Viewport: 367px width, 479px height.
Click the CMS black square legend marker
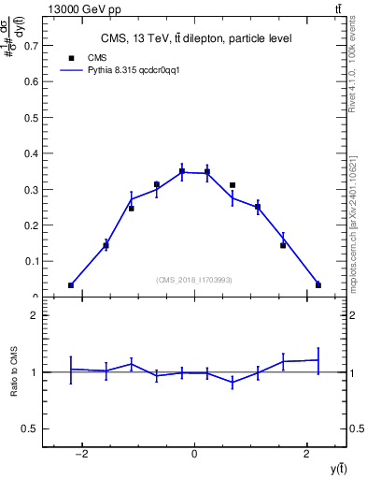click(71, 57)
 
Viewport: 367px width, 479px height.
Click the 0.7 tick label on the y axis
click(31, 45)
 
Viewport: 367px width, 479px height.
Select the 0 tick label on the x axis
click(194, 454)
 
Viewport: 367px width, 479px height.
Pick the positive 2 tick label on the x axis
click(307, 454)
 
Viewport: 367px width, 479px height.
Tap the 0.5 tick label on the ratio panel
click(31, 428)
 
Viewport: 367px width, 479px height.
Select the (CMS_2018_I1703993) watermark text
click(195, 280)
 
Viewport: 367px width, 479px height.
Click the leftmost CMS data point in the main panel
click(71, 285)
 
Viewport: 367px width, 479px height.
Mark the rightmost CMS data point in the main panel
click(318, 285)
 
